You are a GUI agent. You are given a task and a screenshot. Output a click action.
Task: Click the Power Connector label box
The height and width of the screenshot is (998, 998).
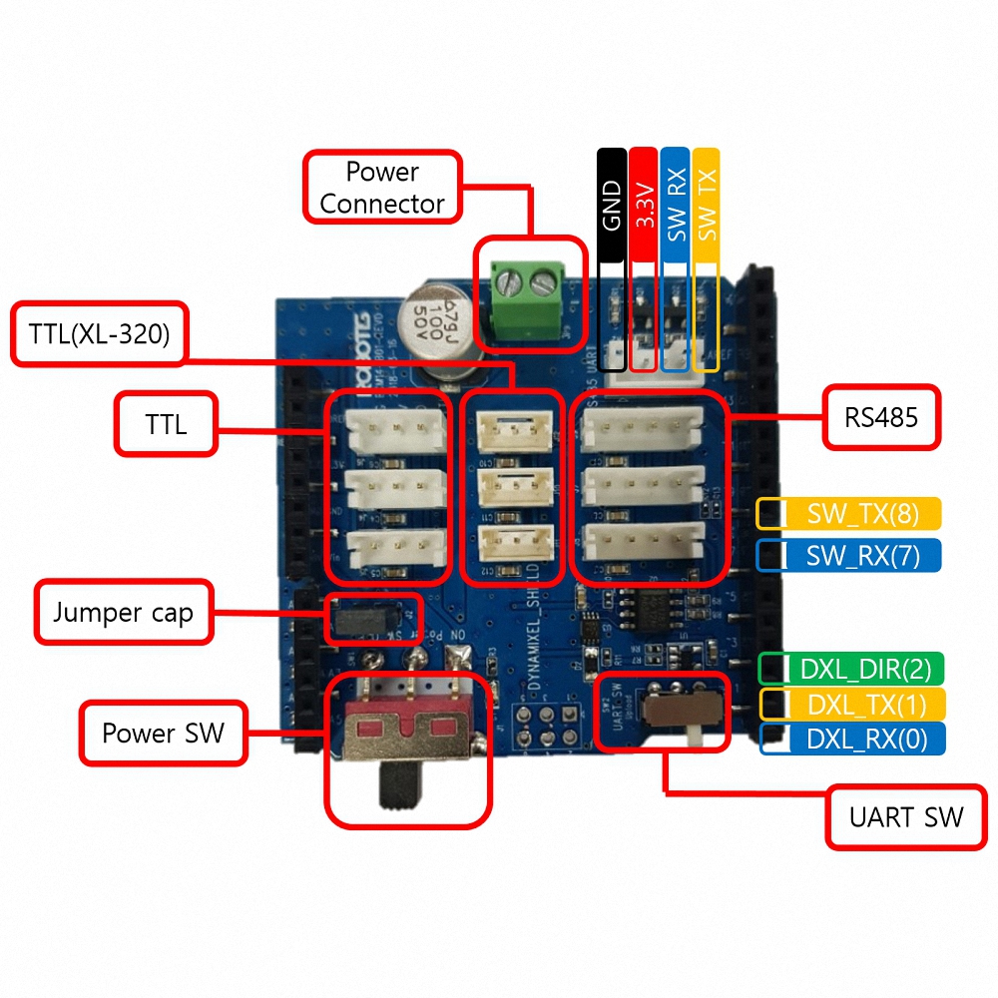click(x=382, y=187)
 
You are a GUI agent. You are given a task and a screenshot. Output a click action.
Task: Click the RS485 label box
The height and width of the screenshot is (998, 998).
click(x=881, y=415)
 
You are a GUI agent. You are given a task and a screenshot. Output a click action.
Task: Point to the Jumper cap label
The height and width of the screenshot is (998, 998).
click(x=123, y=612)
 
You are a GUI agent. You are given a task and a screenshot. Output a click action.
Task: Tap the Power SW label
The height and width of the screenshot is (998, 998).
click(x=163, y=734)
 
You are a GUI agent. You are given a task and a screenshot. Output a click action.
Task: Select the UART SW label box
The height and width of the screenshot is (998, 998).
click(x=906, y=817)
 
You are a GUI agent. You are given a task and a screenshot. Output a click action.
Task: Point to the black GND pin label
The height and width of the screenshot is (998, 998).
click(x=612, y=205)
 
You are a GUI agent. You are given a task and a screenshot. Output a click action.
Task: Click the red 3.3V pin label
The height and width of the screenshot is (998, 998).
click(x=644, y=205)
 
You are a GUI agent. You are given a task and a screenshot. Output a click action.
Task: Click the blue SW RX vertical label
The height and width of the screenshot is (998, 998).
click(x=676, y=205)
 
